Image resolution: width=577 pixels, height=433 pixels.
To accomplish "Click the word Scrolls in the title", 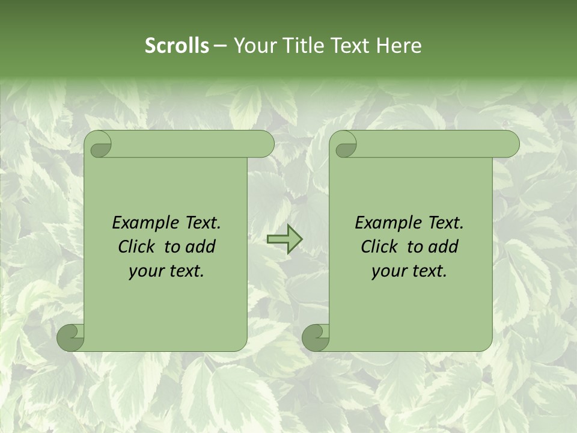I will pyautogui.click(x=177, y=46).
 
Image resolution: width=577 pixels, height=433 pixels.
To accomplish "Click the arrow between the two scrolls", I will pyautogui.click(x=284, y=239).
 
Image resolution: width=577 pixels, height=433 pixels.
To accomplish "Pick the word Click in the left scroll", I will pyautogui.click(x=136, y=247).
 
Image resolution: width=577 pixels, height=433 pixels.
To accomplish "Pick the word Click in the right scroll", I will pyautogui.click(x=379, y=247).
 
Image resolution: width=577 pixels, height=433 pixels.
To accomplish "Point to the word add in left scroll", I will pyautogui.click(x=201, y=247).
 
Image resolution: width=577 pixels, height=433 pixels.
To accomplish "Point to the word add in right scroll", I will pyautogui.click(x=444, y=247).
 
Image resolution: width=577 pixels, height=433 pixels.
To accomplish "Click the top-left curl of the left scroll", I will pyautogui.click(x=99, y=144).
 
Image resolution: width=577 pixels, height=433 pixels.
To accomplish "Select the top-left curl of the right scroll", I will pyautogui.click(x=344, y=144).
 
